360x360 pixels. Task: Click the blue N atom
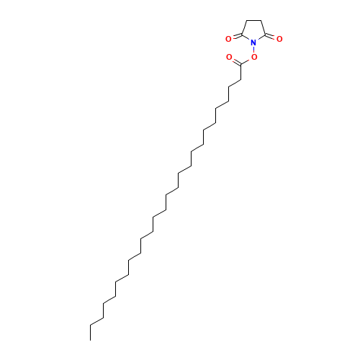pyautogui.click(x=253, y=43)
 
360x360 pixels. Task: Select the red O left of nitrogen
pyautogui.click(x=229, y=38)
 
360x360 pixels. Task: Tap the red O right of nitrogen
pyautogui.click(x=279, y=38)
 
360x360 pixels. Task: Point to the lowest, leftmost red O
pyautogui.click(x=229, y=56)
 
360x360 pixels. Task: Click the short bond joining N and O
pyautogui.click(x=253, y=51)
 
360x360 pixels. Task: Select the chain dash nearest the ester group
pyautogui.click(x=234, y=83)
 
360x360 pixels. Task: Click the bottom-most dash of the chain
pyautogui.click(x=95, y=321)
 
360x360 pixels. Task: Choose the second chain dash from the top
pyautogui.click(x=222, y=104)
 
